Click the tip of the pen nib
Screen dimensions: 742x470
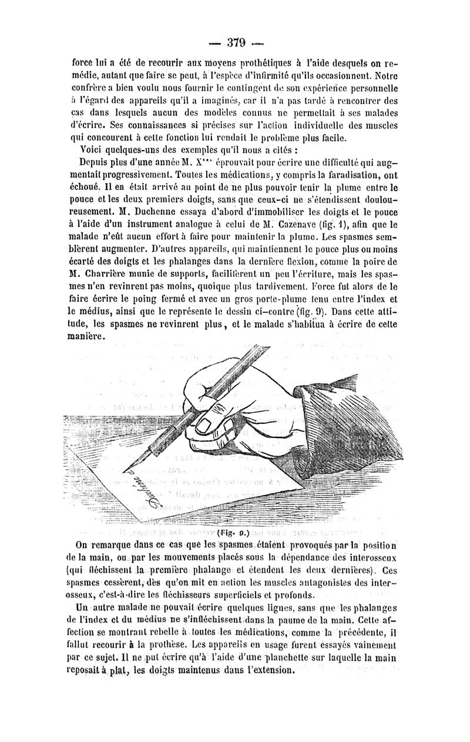click(122, 472)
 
